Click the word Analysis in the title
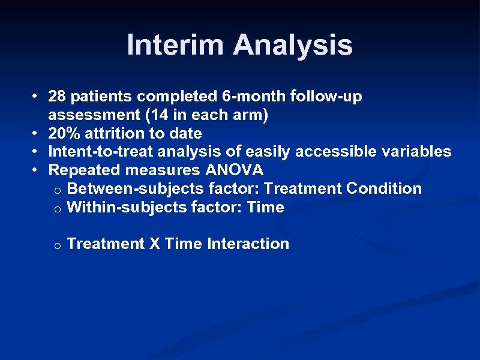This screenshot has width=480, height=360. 293,45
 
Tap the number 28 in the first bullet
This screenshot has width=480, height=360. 58,96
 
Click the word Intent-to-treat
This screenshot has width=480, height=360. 96,151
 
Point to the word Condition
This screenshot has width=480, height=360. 384,188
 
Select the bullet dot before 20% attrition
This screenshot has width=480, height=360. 37,133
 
